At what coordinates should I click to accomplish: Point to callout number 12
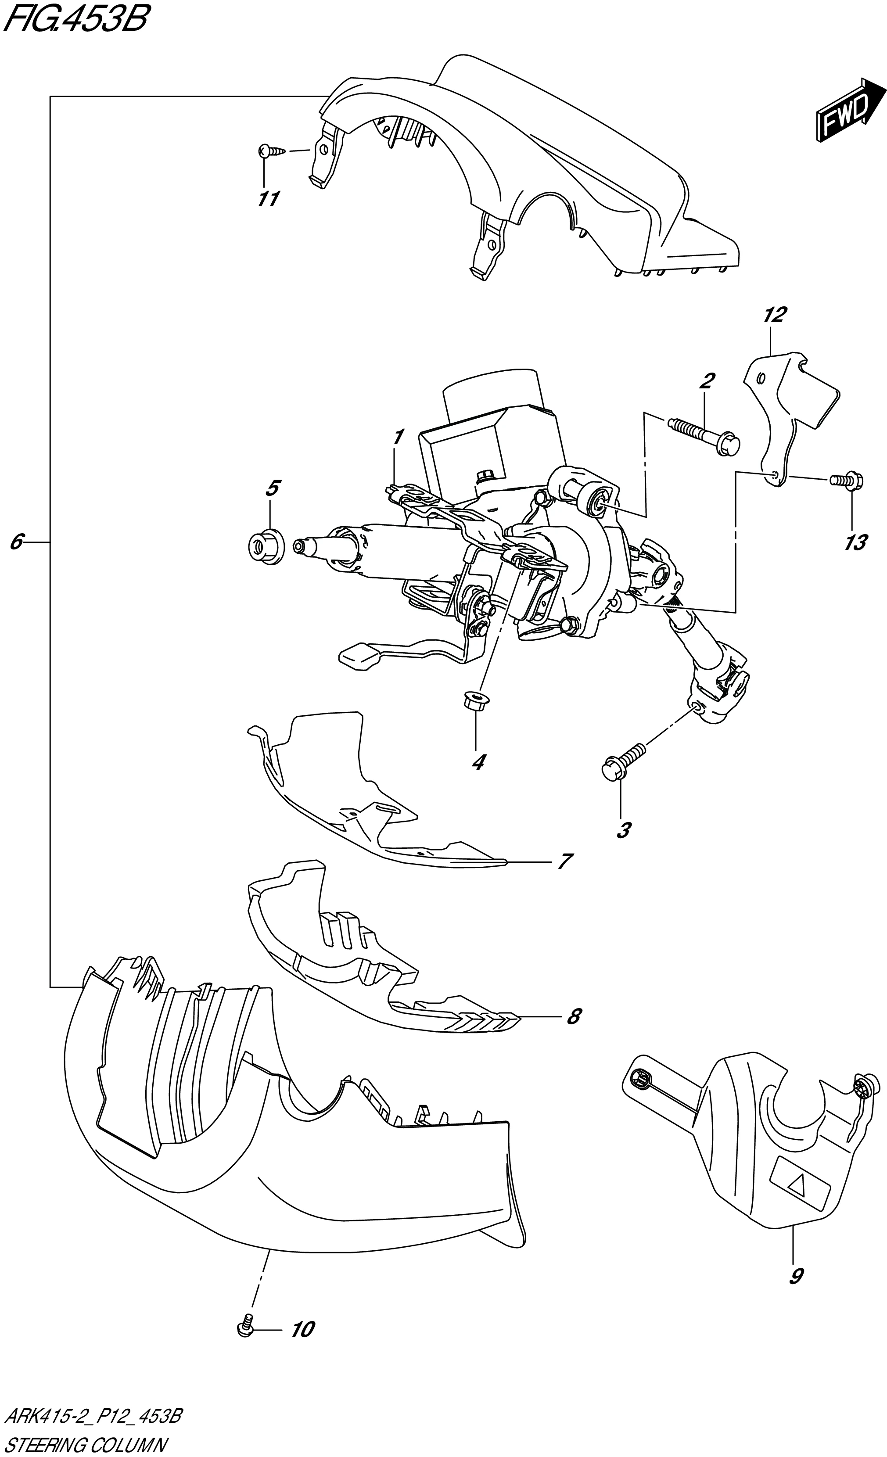775,315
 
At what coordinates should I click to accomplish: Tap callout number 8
572,1016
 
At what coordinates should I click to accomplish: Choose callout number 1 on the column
399,438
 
